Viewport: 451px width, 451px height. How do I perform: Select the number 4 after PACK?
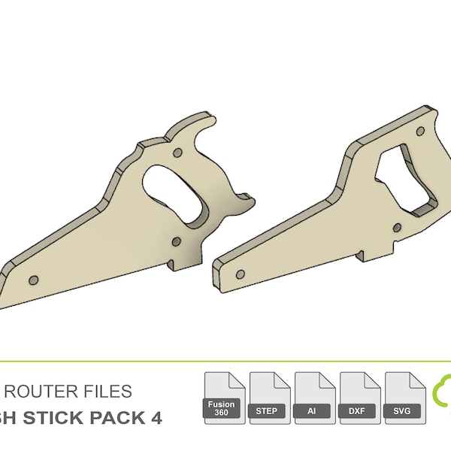click(x=156, y=417)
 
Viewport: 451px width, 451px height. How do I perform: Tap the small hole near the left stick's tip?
click(x=33, y=280)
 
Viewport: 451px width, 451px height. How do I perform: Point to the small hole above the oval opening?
click(x=178, y=153)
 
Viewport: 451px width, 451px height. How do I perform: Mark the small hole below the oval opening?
click(x=176, y=241)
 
